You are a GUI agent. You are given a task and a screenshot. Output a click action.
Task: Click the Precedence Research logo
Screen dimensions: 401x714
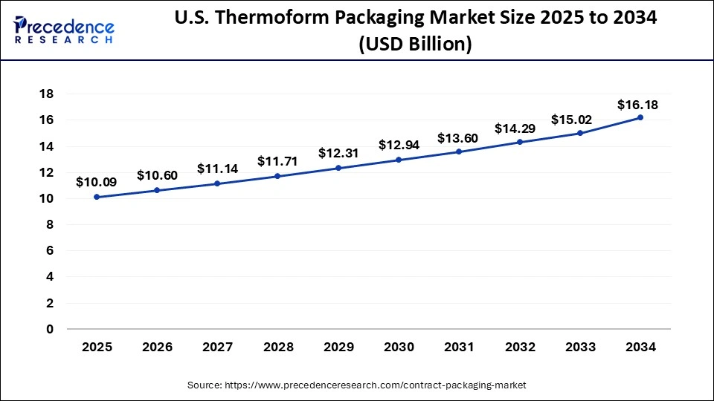(63, 29)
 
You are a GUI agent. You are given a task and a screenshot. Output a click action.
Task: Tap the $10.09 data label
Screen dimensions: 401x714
(97, 181)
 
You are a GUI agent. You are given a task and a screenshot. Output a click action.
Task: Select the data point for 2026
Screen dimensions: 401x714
(157, 190)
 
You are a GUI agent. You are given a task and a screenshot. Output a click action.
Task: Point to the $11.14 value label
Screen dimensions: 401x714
(217, 169)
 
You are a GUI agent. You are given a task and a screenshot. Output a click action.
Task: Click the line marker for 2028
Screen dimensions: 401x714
(277, 176)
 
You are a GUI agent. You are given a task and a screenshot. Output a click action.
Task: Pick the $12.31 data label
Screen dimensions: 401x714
(338, 153)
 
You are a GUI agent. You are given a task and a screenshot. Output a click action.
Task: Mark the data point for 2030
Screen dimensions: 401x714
(399, 160)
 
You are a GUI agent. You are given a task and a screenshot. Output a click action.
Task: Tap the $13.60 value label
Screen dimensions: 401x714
(459, 137)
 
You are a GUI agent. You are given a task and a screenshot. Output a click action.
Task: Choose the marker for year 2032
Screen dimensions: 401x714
(519, 142)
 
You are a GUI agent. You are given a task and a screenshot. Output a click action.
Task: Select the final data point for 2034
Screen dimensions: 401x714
(640, 117)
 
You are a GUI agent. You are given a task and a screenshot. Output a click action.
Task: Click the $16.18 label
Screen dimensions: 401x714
(638, 105)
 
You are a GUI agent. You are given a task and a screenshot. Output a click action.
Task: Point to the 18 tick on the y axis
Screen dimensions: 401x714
(46, 94)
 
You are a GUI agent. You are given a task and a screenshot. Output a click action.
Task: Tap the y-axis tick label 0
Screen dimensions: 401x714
(50, 329)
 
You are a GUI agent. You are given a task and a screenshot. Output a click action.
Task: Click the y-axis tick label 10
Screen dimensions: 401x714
(46, 198)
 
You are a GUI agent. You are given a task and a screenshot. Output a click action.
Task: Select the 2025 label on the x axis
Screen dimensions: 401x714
(97, 347)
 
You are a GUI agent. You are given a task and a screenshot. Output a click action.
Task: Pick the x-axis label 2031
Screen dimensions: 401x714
(459, 347)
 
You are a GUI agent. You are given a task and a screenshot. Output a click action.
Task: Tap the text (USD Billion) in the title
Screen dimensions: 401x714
(415, 44)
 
